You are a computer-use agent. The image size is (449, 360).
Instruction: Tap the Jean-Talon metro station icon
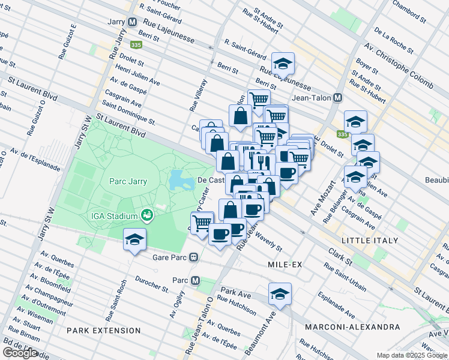pos(338,98)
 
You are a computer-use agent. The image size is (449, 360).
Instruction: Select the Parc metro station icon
pos(194,280)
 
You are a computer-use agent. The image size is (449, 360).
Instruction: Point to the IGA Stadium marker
pos(146,215)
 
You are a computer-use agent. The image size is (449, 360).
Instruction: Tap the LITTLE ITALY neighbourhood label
pos(369,240)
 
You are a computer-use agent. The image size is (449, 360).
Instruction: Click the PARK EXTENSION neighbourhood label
pos(104,330)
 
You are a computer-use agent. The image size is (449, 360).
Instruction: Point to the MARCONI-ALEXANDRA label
pos(352,327)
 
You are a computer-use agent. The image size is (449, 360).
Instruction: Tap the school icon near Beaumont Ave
pos(280,294)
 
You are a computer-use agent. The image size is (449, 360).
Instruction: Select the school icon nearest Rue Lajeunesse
pos(283,63)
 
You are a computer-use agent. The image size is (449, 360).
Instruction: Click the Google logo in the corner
pos(20,353)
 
